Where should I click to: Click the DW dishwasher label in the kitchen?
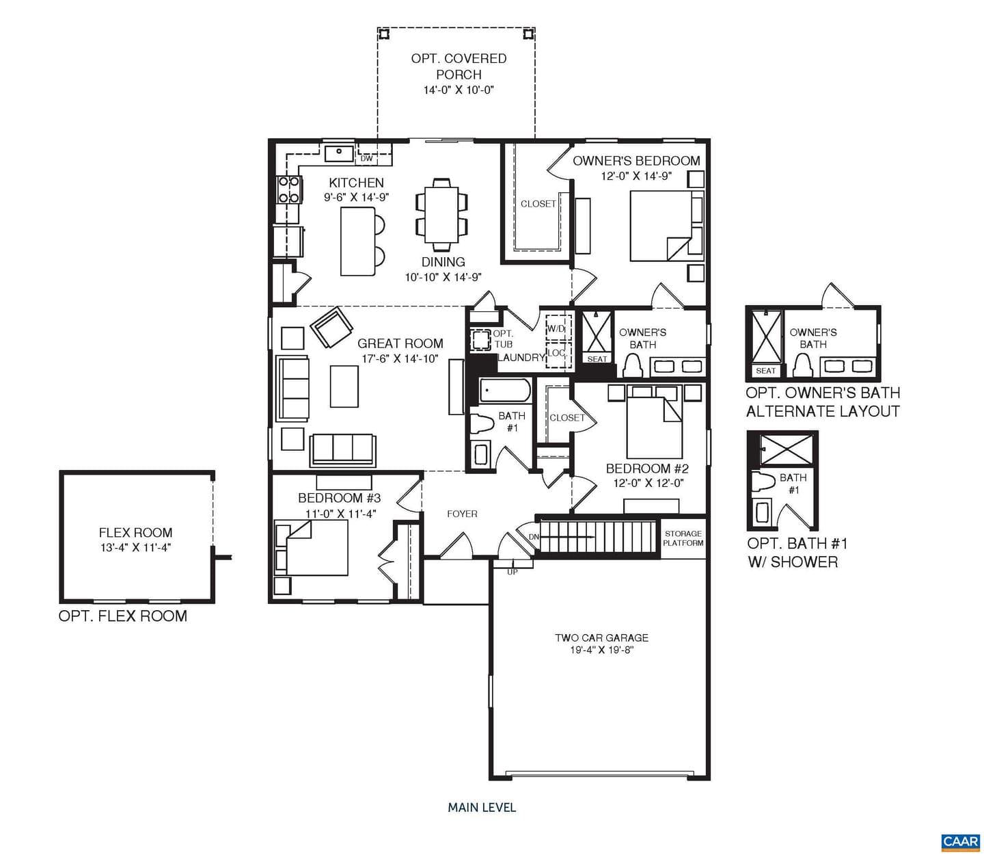[x=366, y=159]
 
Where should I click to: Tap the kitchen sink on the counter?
[x=340, y=154]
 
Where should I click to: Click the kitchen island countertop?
[x=358, y=241]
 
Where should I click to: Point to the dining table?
[x=441, y=214]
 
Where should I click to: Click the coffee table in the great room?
[x=344, y=386]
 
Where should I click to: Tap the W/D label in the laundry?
[x=556, y=329]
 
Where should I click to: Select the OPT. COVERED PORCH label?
[x=459, y=66]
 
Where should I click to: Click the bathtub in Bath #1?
[x=505, y=391]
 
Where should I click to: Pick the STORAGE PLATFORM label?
[x=683, y=538]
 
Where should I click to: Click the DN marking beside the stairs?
[x=534, y=537]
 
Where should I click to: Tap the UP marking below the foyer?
[x=512, y=573]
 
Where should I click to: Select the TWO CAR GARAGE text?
[x=601, y=638]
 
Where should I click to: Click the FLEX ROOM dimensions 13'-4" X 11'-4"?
[x=135, y=547]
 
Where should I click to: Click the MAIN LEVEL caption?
[x=482, y=807]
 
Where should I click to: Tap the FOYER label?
[x=462, y=514]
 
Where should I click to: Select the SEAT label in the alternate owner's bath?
[x=765, y=371]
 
